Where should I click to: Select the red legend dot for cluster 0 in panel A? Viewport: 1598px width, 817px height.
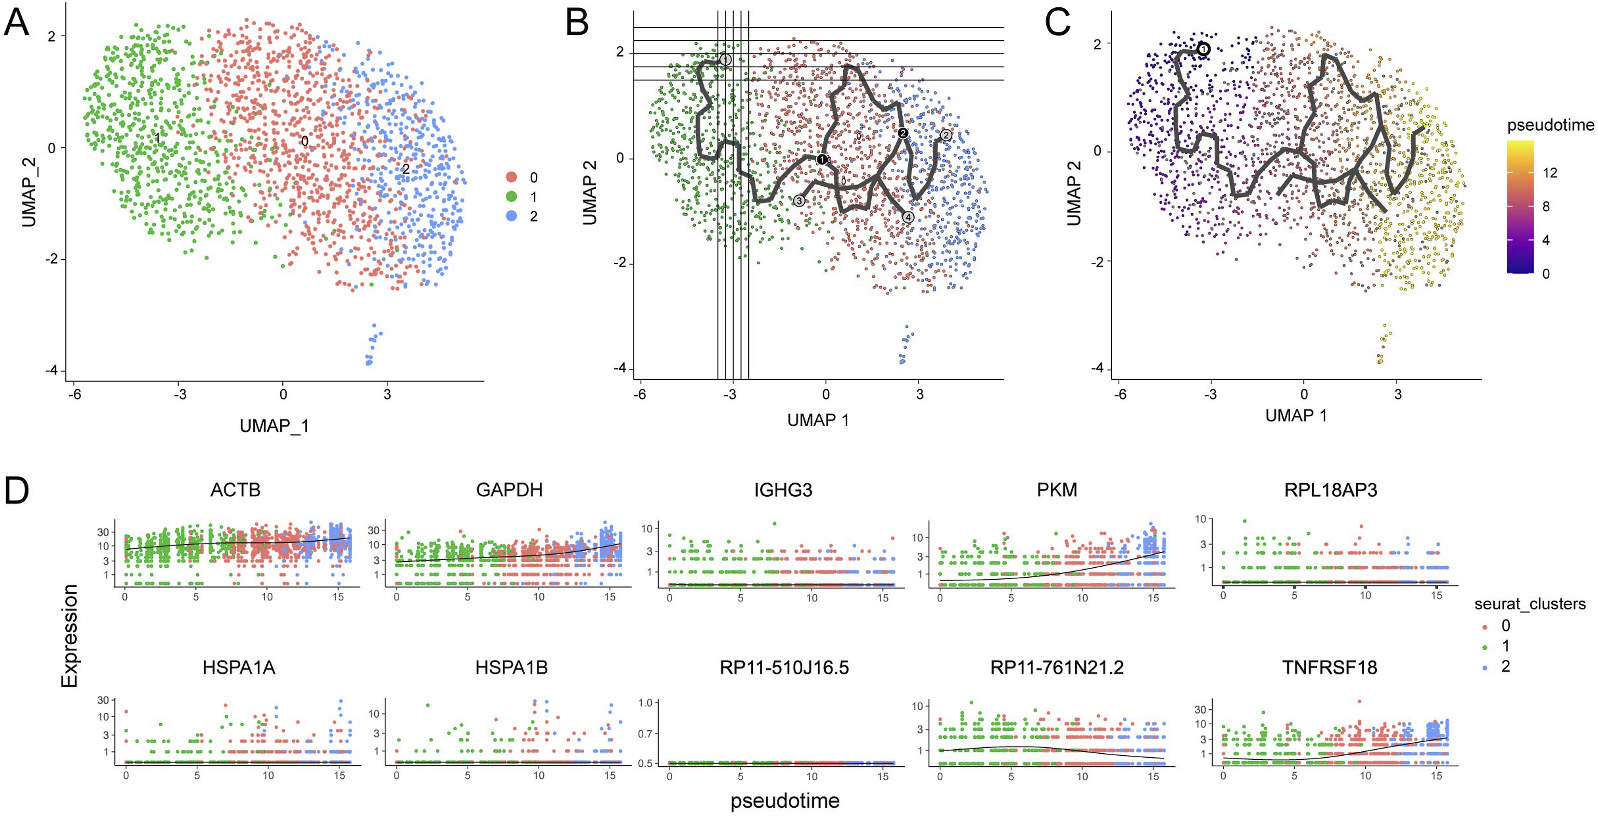pos(512,177)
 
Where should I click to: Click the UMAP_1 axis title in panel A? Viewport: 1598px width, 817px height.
pos(274,426)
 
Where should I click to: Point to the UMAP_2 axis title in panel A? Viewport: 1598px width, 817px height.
pos(29,192)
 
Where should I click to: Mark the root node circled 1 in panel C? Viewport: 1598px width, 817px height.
pos(1203,49)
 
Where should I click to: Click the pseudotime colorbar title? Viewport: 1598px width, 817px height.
pos(1550,125)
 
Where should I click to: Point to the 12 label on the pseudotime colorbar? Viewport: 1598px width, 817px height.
pos(1550,173)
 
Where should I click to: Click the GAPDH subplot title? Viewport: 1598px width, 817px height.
pos(509,490)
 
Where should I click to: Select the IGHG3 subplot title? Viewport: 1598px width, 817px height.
pos(783,490)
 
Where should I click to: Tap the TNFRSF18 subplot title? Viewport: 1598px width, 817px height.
pos(1330,667)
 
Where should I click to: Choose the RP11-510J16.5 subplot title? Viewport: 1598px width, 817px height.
pos(784,667)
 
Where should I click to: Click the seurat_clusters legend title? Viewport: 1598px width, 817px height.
pos(1530,604)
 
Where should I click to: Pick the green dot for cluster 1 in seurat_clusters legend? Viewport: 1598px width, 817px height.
pos(1484,647)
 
